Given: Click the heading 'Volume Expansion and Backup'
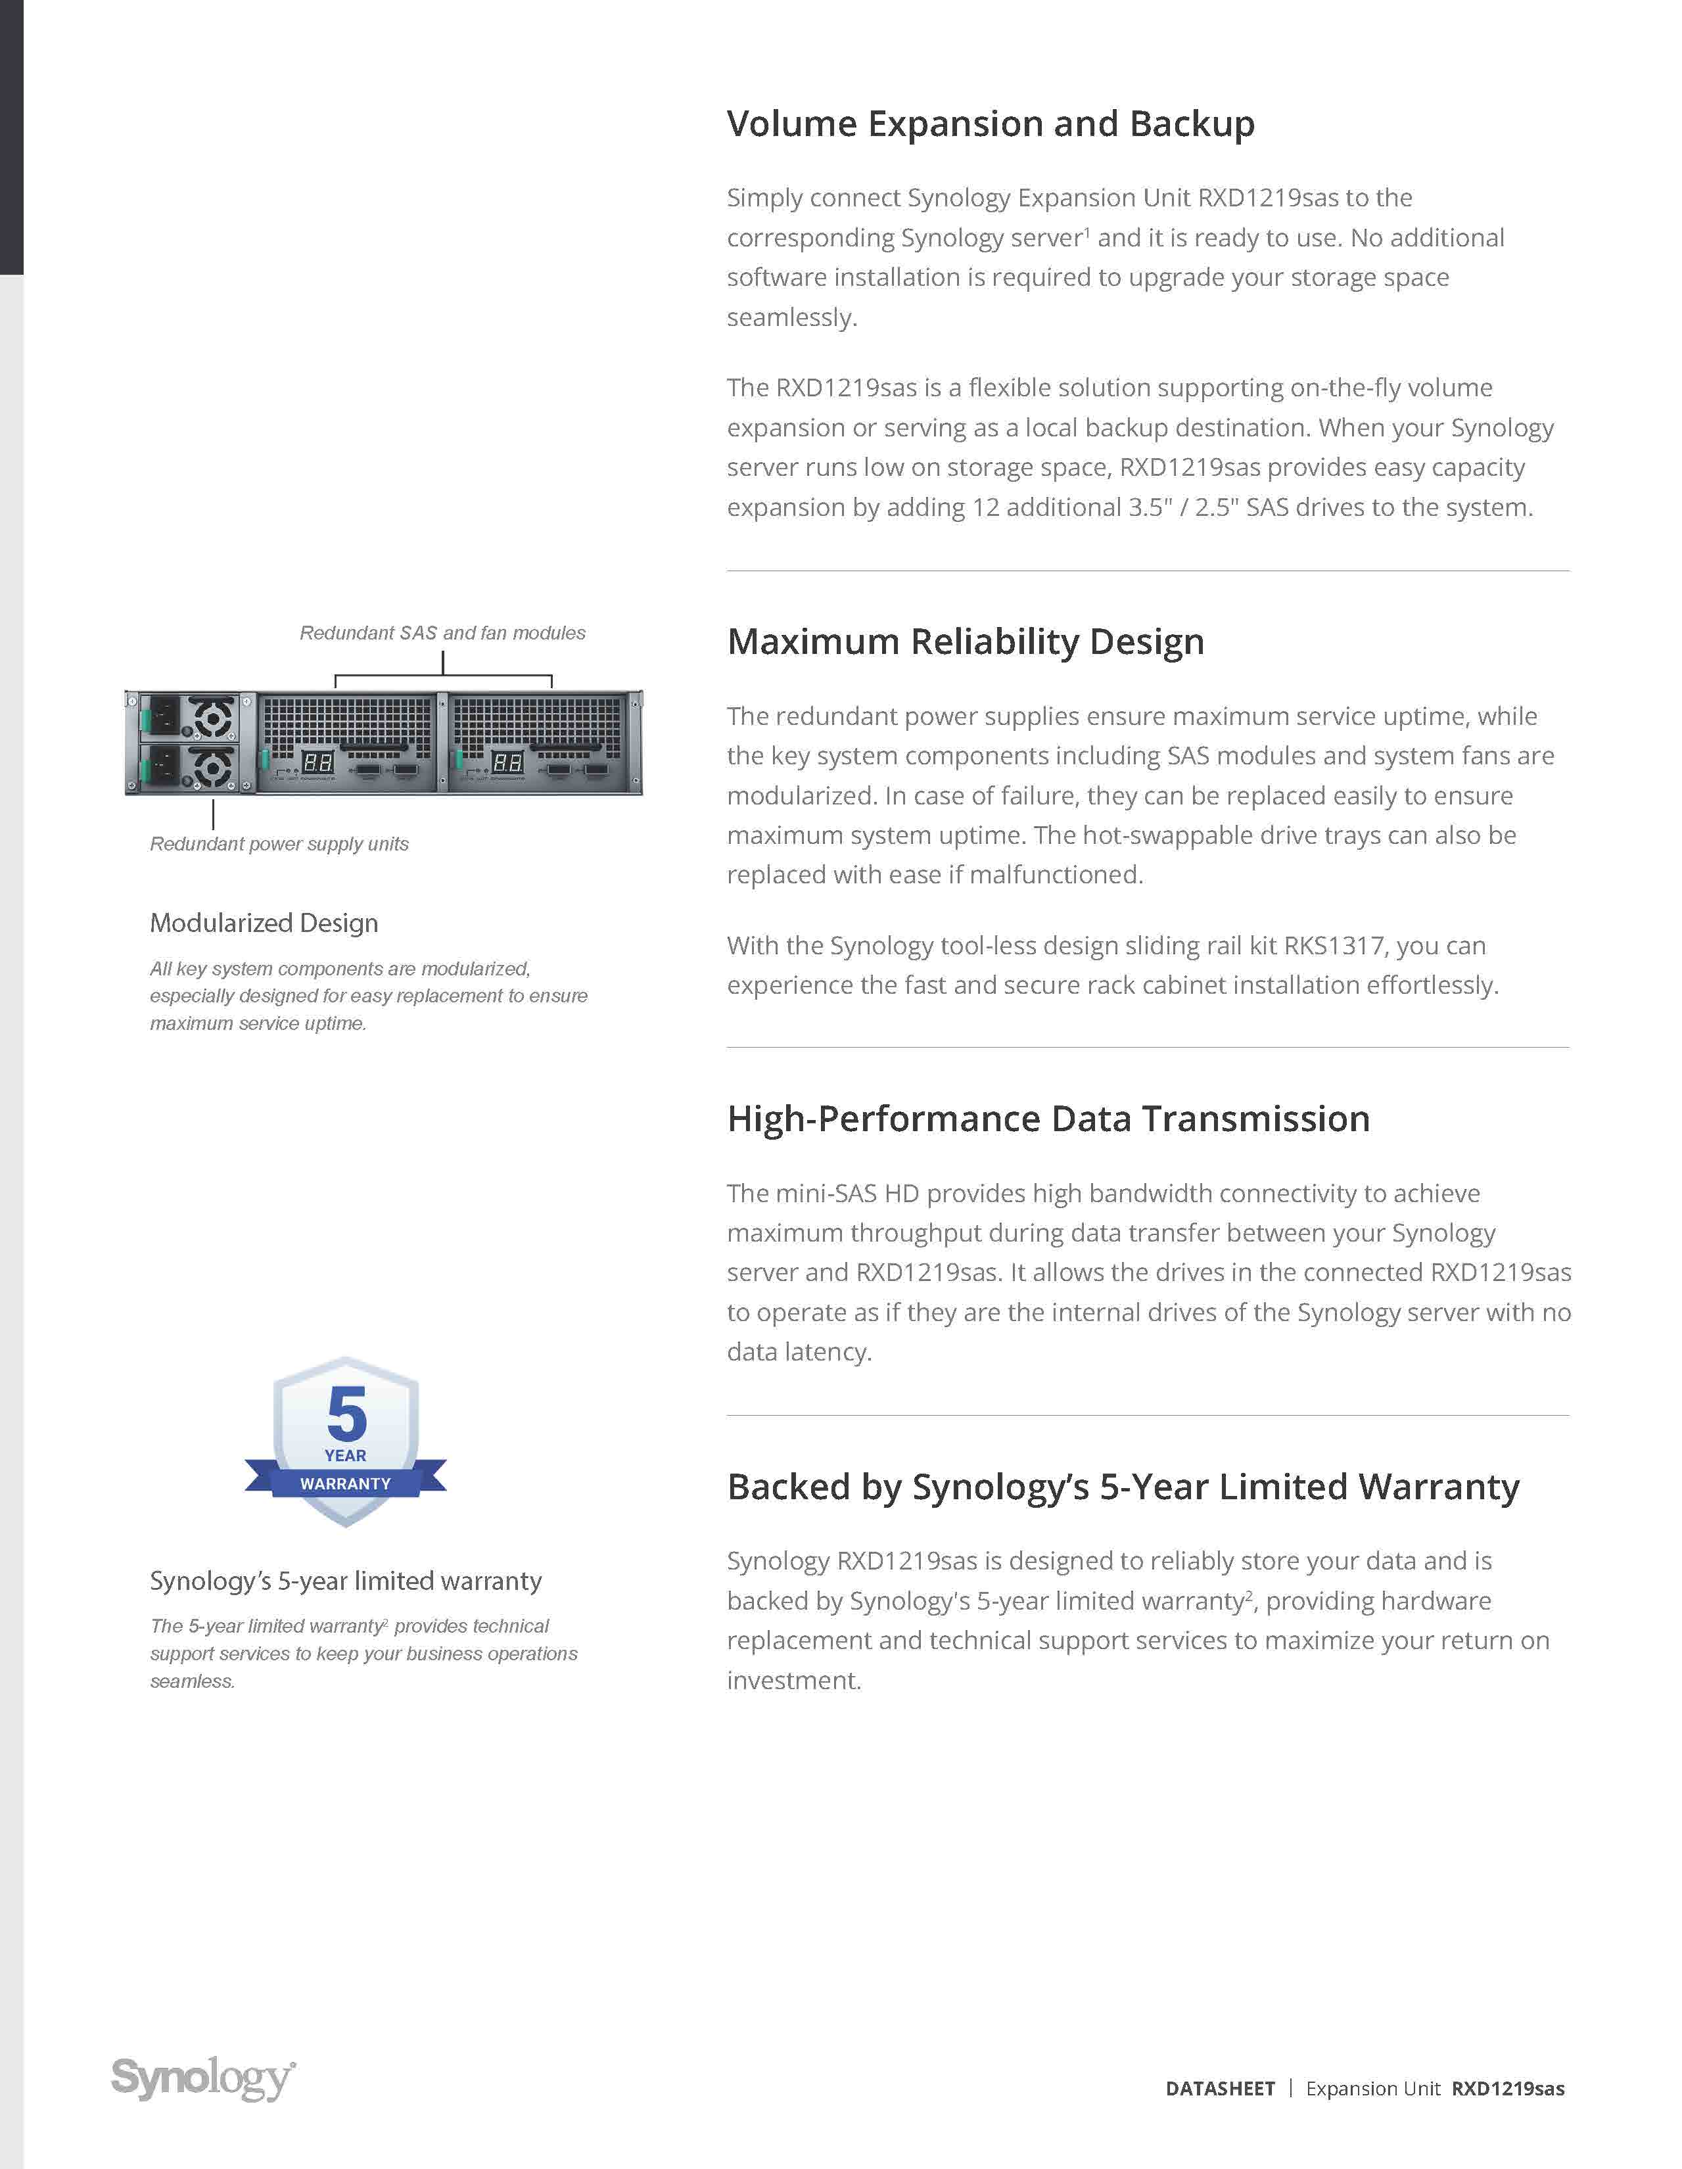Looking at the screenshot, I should (990, 124).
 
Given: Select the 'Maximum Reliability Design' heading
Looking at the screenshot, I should (965, 641).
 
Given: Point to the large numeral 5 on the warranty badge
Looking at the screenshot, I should (346, 1414).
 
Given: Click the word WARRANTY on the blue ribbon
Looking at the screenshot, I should (346, 1483).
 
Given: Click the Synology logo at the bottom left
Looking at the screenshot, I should (202, 2078).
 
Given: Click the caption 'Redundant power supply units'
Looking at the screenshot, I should (279, 843).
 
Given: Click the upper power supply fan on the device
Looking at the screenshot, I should (212, 717).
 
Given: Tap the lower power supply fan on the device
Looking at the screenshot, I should (212, 768).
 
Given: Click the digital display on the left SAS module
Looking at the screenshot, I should (317, 762).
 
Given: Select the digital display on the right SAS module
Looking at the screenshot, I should (507, 762).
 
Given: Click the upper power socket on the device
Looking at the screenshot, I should (162, 715).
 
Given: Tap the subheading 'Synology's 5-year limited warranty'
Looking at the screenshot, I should (346, 1580).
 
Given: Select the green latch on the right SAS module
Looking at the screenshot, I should (459, 760).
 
